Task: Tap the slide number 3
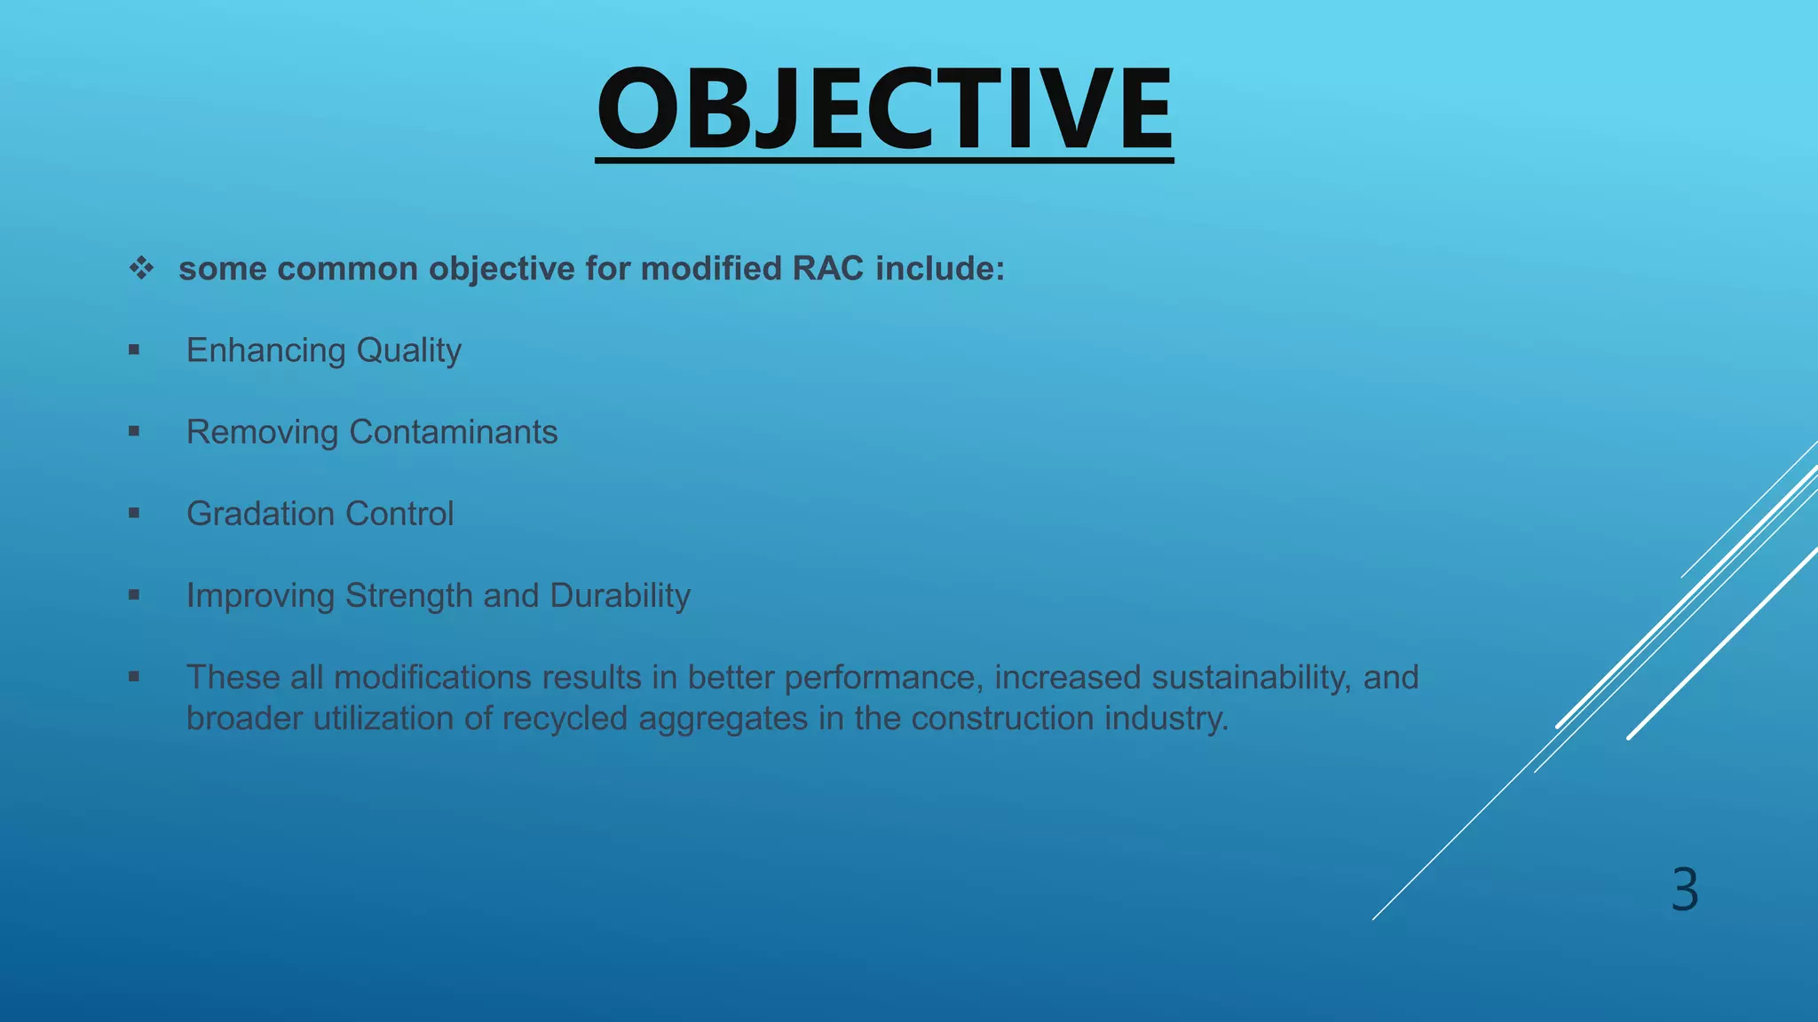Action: (x=1684, y=889)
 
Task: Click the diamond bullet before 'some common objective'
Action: (x=141, y=268)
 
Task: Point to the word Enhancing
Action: (x=265, y=350)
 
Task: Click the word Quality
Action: (x=408, y=350)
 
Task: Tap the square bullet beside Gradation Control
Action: (x=134, y=513)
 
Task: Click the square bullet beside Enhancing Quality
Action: (x=134, y=350)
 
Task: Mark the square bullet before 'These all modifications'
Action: (x=134, y=676)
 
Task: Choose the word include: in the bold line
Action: (x=940, y=269)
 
